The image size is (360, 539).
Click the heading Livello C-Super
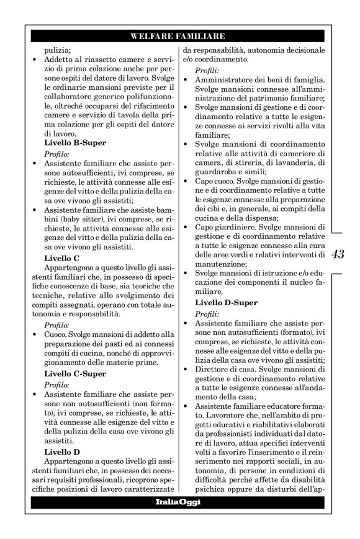pyautogui.click(x=75, y=374)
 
